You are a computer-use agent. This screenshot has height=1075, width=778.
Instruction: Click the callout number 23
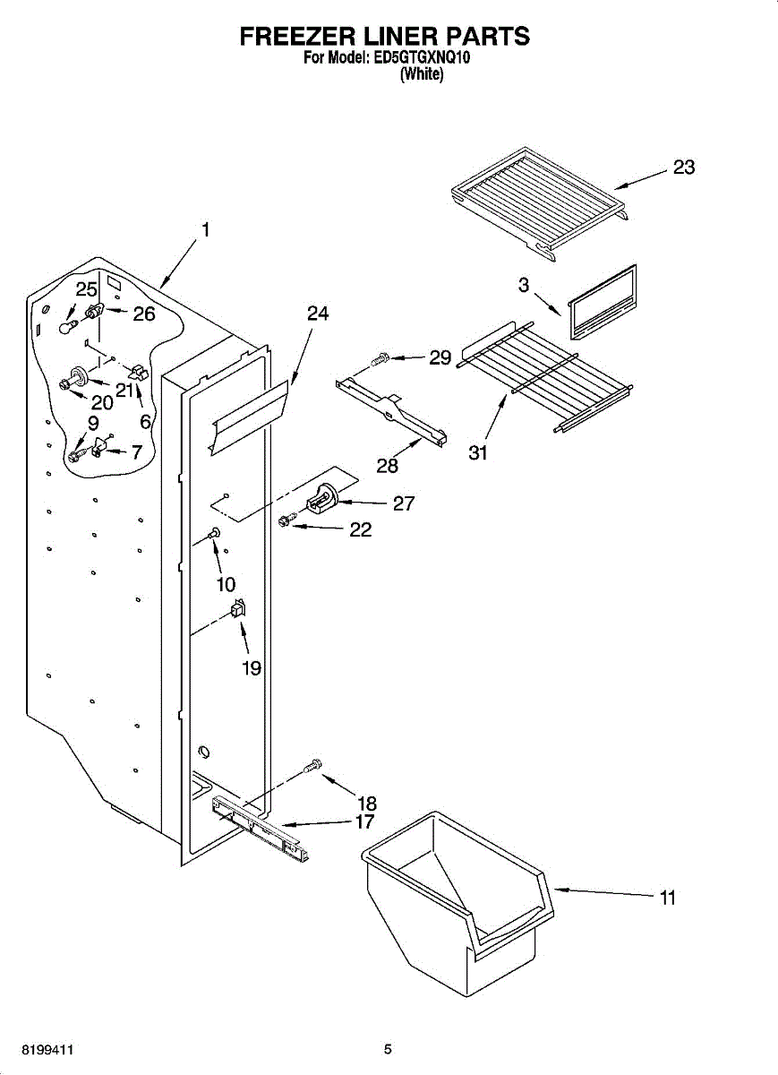(684, 168)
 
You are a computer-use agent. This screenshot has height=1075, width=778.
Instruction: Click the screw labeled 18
(313, 766)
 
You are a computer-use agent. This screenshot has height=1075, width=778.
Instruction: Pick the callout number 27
(404, 503)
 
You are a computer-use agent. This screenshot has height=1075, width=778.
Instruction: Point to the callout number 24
(318, 314)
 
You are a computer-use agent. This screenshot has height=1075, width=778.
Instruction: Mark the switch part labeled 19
(238, 610)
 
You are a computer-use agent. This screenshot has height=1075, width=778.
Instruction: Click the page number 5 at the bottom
(388, 1048)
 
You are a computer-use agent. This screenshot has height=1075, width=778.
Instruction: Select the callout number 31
(479, 452)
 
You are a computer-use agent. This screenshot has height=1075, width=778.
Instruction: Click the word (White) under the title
(421, 75)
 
